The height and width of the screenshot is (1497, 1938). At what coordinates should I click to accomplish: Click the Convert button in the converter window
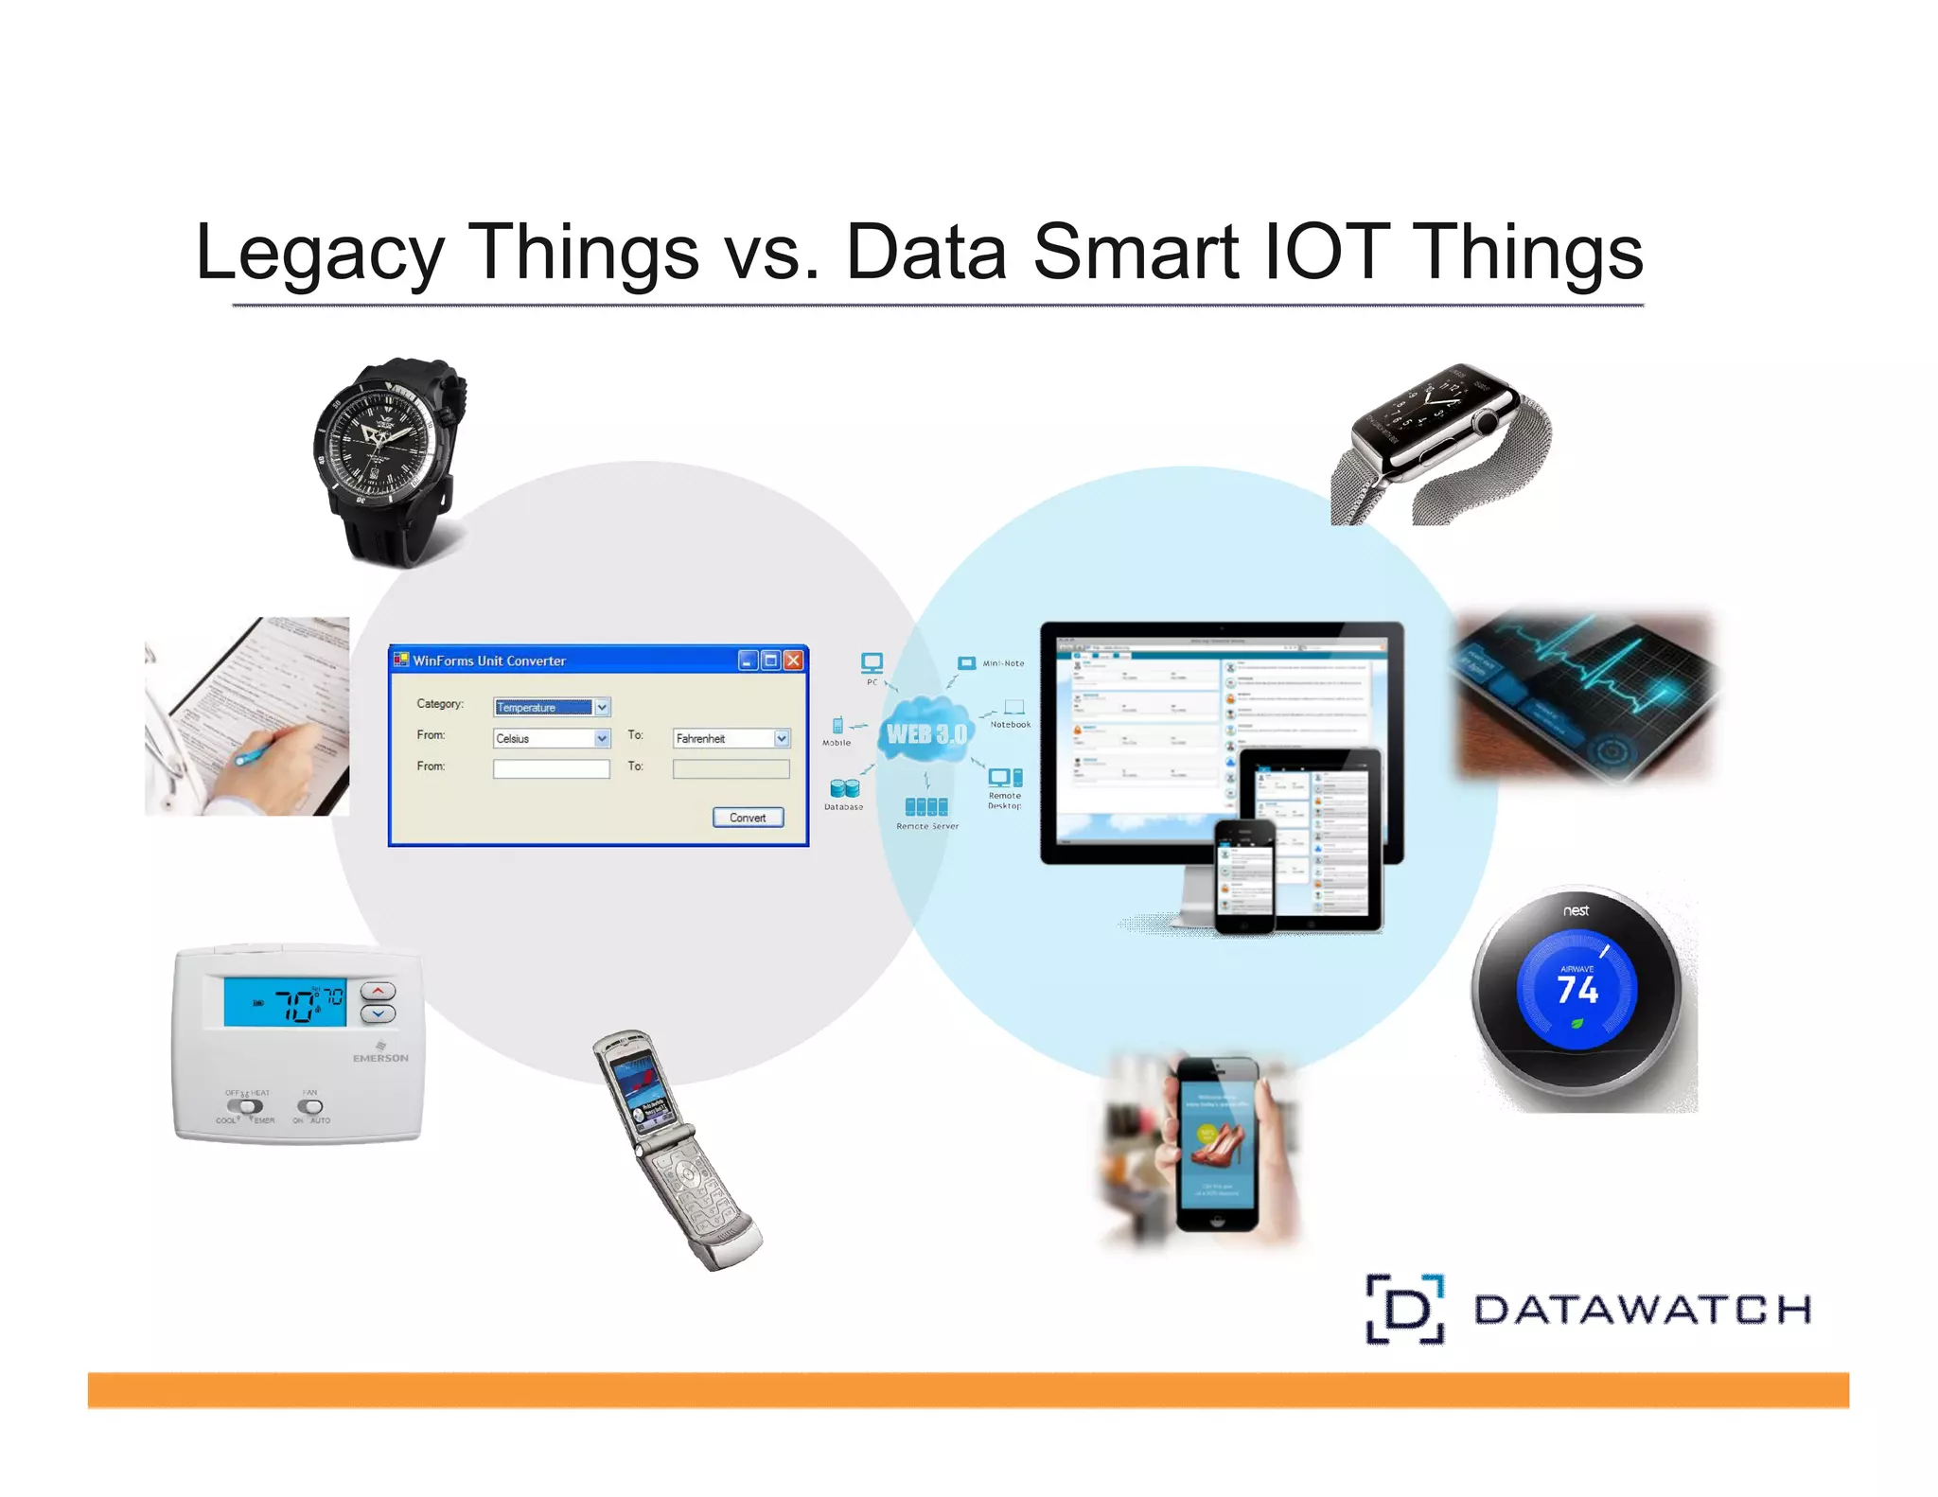click(x=748, y=818)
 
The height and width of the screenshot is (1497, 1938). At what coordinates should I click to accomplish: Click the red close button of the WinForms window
click(x=794, y=660)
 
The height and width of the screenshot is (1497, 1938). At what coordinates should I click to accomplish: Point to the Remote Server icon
click(x=926, y=806)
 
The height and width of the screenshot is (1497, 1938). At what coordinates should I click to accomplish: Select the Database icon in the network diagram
click(x=844, y=788)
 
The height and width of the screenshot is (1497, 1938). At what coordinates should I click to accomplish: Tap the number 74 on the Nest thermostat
click(x=1577, y=990)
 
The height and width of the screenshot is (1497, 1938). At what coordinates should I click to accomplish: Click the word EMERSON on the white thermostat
click(x=380, y=1058)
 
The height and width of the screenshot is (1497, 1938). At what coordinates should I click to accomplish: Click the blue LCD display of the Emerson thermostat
click(x=285, y=1002)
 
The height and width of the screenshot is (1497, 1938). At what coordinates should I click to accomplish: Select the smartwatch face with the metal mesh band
click(x=1432, y=413)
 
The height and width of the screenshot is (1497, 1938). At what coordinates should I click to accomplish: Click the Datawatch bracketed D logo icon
click(x=1405, y=1310)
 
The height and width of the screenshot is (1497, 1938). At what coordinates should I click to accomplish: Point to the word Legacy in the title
click(x=319, y=253)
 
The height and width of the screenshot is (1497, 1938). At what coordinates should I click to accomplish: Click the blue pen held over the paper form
click(x=252, y=754)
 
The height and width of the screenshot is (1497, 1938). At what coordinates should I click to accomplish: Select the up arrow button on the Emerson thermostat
click(x=379, y=991)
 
